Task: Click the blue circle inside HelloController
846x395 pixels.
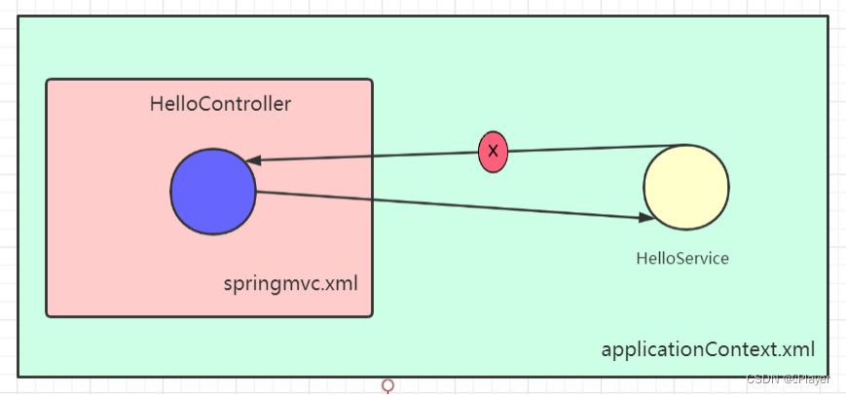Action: point(212,192)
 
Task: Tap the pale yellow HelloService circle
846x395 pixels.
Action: point(685,188)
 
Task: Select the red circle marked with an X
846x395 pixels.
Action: point(494,151)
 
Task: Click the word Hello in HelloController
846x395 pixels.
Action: point(173,104)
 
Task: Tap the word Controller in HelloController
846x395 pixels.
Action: point(244,104)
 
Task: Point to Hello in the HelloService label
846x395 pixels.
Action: point(655,259)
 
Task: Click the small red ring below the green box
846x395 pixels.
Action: point(388,386)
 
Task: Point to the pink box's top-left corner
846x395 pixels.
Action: point(48,81)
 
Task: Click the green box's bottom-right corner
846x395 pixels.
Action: point(827,376)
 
